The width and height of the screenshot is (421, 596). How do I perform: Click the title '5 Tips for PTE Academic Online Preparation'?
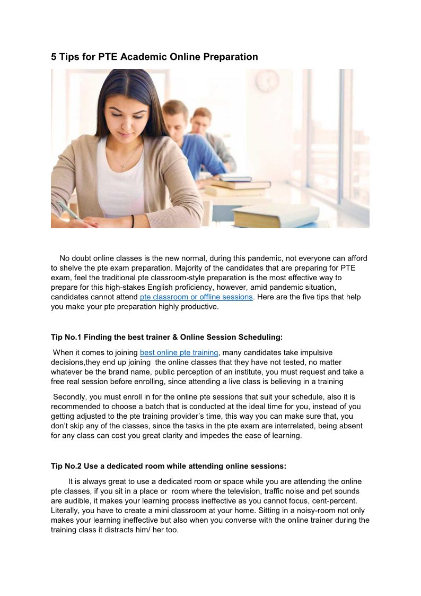pos(154,57)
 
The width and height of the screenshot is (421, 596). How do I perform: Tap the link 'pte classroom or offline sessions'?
pos(196,297)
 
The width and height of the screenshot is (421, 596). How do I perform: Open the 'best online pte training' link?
pos(179,352)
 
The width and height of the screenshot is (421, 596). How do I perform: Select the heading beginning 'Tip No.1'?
pos(167,337)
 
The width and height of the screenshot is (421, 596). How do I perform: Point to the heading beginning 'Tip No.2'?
pos(169,466)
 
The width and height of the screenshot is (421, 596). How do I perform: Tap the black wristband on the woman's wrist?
pos(132,221)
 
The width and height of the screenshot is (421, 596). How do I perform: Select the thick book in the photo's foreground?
pos(276,215)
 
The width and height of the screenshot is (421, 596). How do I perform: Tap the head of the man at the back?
pos(201,120)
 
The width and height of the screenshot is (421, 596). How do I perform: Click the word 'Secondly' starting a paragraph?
pos(69,397)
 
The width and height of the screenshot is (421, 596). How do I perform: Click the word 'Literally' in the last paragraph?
pos(66,511)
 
